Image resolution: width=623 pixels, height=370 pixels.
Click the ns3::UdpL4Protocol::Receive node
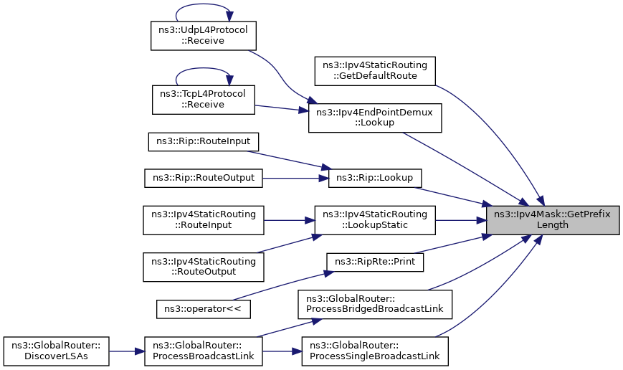pyautogui.click(x=204, y=36)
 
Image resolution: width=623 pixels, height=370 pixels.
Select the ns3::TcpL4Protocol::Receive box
pyautogui.click(x=204, y=100)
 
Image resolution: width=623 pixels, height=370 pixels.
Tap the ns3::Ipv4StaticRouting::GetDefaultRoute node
pyautogui.click(x=375, y=71)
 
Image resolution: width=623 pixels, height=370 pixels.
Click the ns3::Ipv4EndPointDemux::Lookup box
pyautogui.click(x=375, y=118)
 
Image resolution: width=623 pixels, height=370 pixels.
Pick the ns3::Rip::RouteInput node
pyautogui.click(x=204, y=142)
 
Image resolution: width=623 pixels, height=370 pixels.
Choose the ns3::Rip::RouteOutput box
pyautogui.click(x=204, y=178)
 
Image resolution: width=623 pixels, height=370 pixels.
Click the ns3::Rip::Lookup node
pyautogui.click(x=375, y=178)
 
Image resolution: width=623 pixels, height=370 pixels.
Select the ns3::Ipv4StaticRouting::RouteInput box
pyautogui.click(x=204, y=220)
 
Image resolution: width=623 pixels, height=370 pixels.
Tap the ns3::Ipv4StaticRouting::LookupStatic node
pyautogui.click(x=375, y=220)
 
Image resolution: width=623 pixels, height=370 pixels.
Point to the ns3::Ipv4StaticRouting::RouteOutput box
pyautogui.click(x=204, y=267)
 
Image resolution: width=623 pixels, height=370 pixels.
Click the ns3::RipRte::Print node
pyautogui.click(x=375, y=262)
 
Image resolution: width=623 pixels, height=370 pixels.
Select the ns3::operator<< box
pyautogui.click(x=204, y=309)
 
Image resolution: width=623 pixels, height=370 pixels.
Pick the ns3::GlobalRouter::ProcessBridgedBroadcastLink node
pyautogui.click(x=375, y=304)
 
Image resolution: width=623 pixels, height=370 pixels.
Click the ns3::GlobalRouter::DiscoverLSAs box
pyautogui.click(x=56, y=351)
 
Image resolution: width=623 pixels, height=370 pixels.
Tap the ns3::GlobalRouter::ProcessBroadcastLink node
pyautogui.click(x=204, y=351)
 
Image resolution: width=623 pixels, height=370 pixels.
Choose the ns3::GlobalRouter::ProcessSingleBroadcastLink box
pyautogui.click(x=375, y=351)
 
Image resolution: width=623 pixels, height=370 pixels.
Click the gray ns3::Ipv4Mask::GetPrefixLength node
pyautogui.click(x=553, y=220)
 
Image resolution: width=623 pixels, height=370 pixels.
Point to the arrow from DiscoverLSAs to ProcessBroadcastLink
pyautogui.click(x=127, y=351)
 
